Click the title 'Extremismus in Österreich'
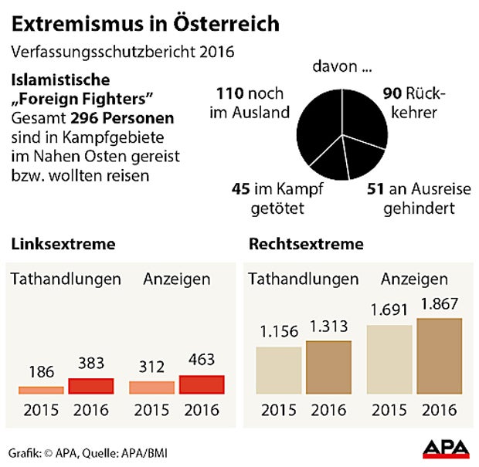[145, 23]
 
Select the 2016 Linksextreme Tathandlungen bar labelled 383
[91, 386]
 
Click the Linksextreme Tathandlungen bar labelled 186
[41, 391]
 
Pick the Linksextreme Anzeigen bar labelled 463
[202, 384]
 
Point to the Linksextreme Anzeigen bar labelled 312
[152, 387]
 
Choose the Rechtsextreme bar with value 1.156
[278, 371]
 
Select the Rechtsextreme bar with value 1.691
[389, 360]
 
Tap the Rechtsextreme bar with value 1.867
[440, 356]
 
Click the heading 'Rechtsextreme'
[306, 245]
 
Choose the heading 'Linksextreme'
[63, 245]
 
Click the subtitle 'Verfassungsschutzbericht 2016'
[123, 52]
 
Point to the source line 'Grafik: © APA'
[46, 451]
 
